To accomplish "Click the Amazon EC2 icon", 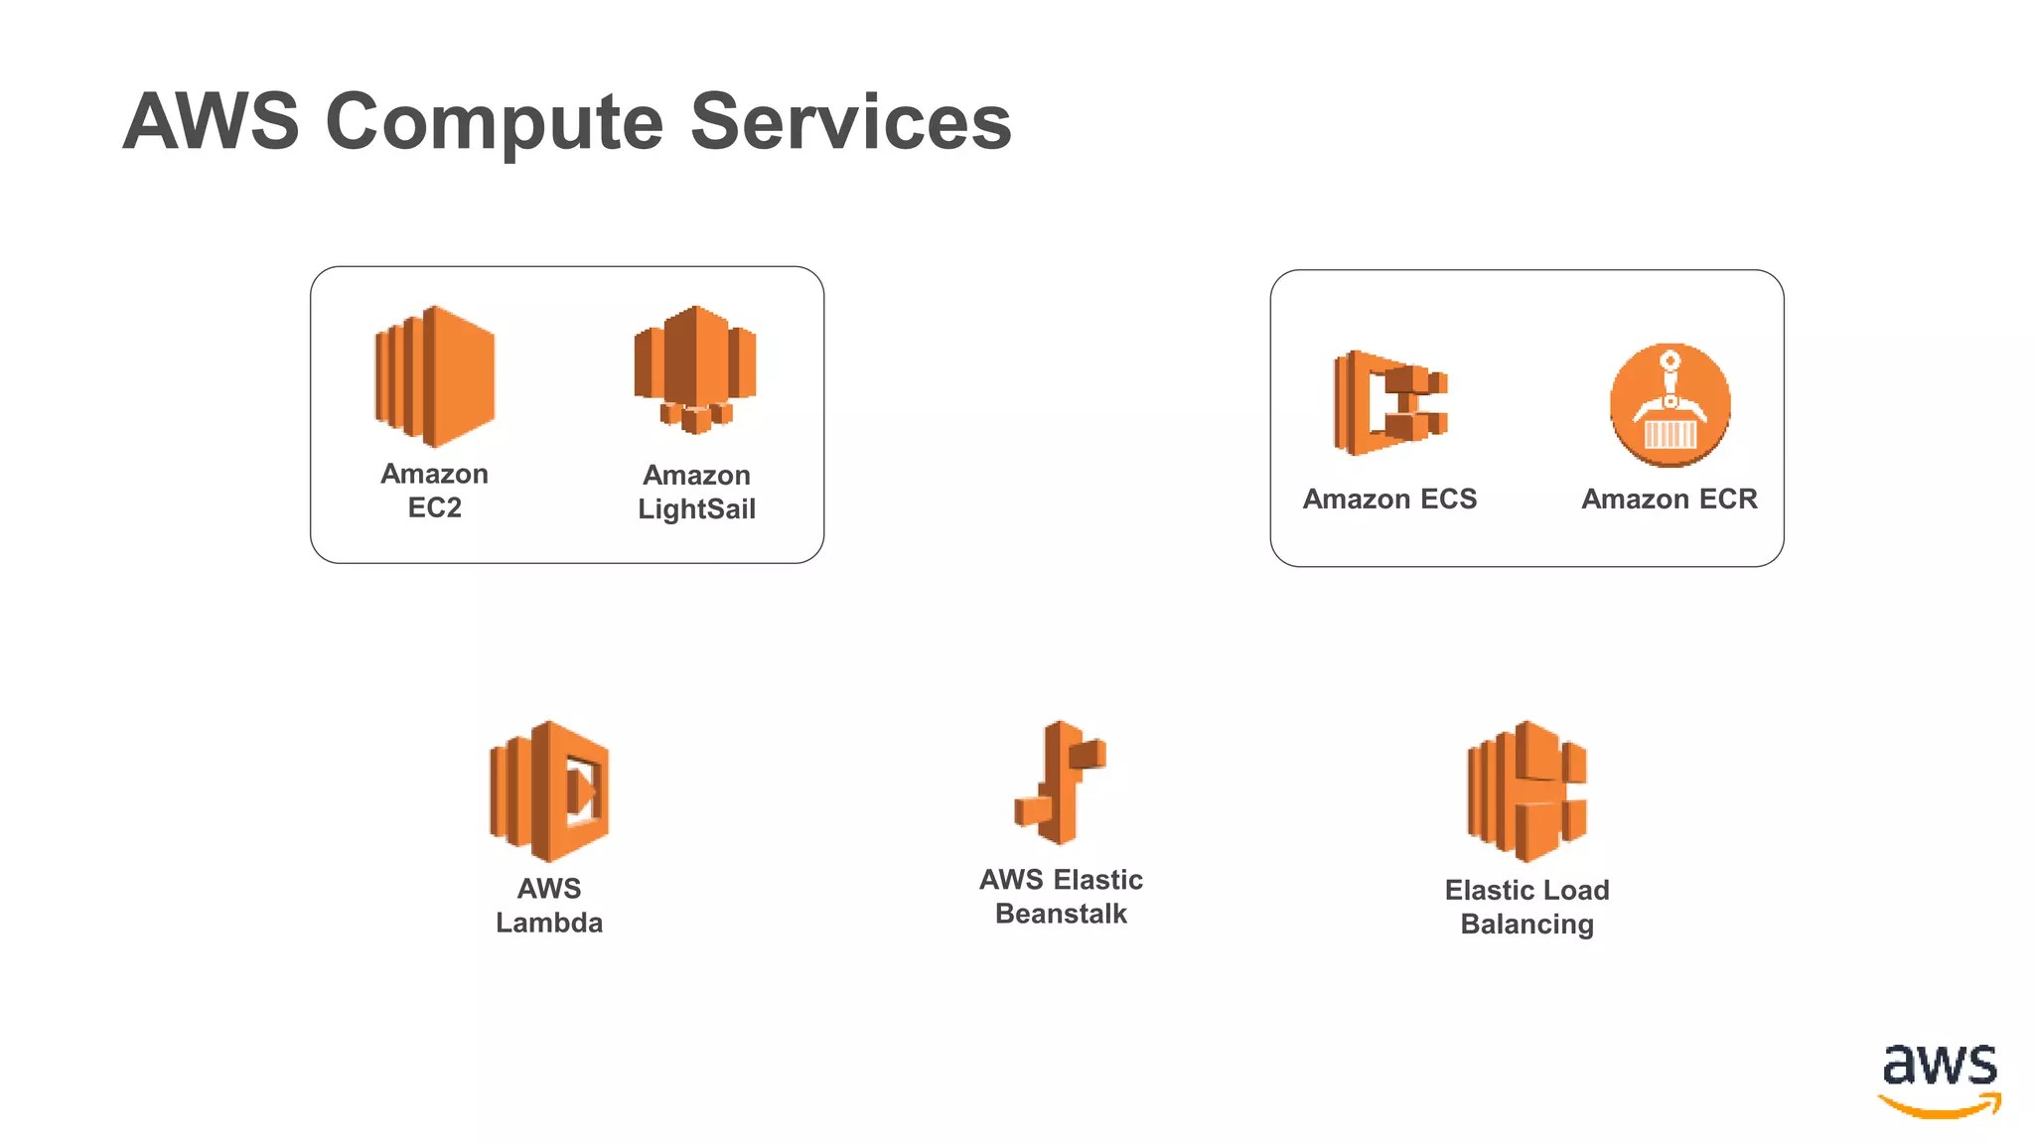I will pos(434,376).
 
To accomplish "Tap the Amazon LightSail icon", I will pos(695,369).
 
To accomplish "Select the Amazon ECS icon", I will pos(1389,403).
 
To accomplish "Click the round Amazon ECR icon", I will pos(1670,404).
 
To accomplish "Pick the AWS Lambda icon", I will pos(548,791).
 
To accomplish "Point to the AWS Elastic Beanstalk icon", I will pos(1060,783).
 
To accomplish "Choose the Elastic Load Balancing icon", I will pos(1526,791).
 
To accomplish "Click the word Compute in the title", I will pos(494,123).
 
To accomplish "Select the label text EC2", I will pos(434,508).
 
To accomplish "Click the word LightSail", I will pos(696,509).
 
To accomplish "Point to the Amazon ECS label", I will pos(1389,499).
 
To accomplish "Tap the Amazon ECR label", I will pos(1669,499).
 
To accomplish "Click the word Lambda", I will pos(548,923).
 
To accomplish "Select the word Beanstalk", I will pos(1061,914).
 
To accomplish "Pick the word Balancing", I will pos(1526,925).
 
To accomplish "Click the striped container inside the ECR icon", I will pos(1670,435).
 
